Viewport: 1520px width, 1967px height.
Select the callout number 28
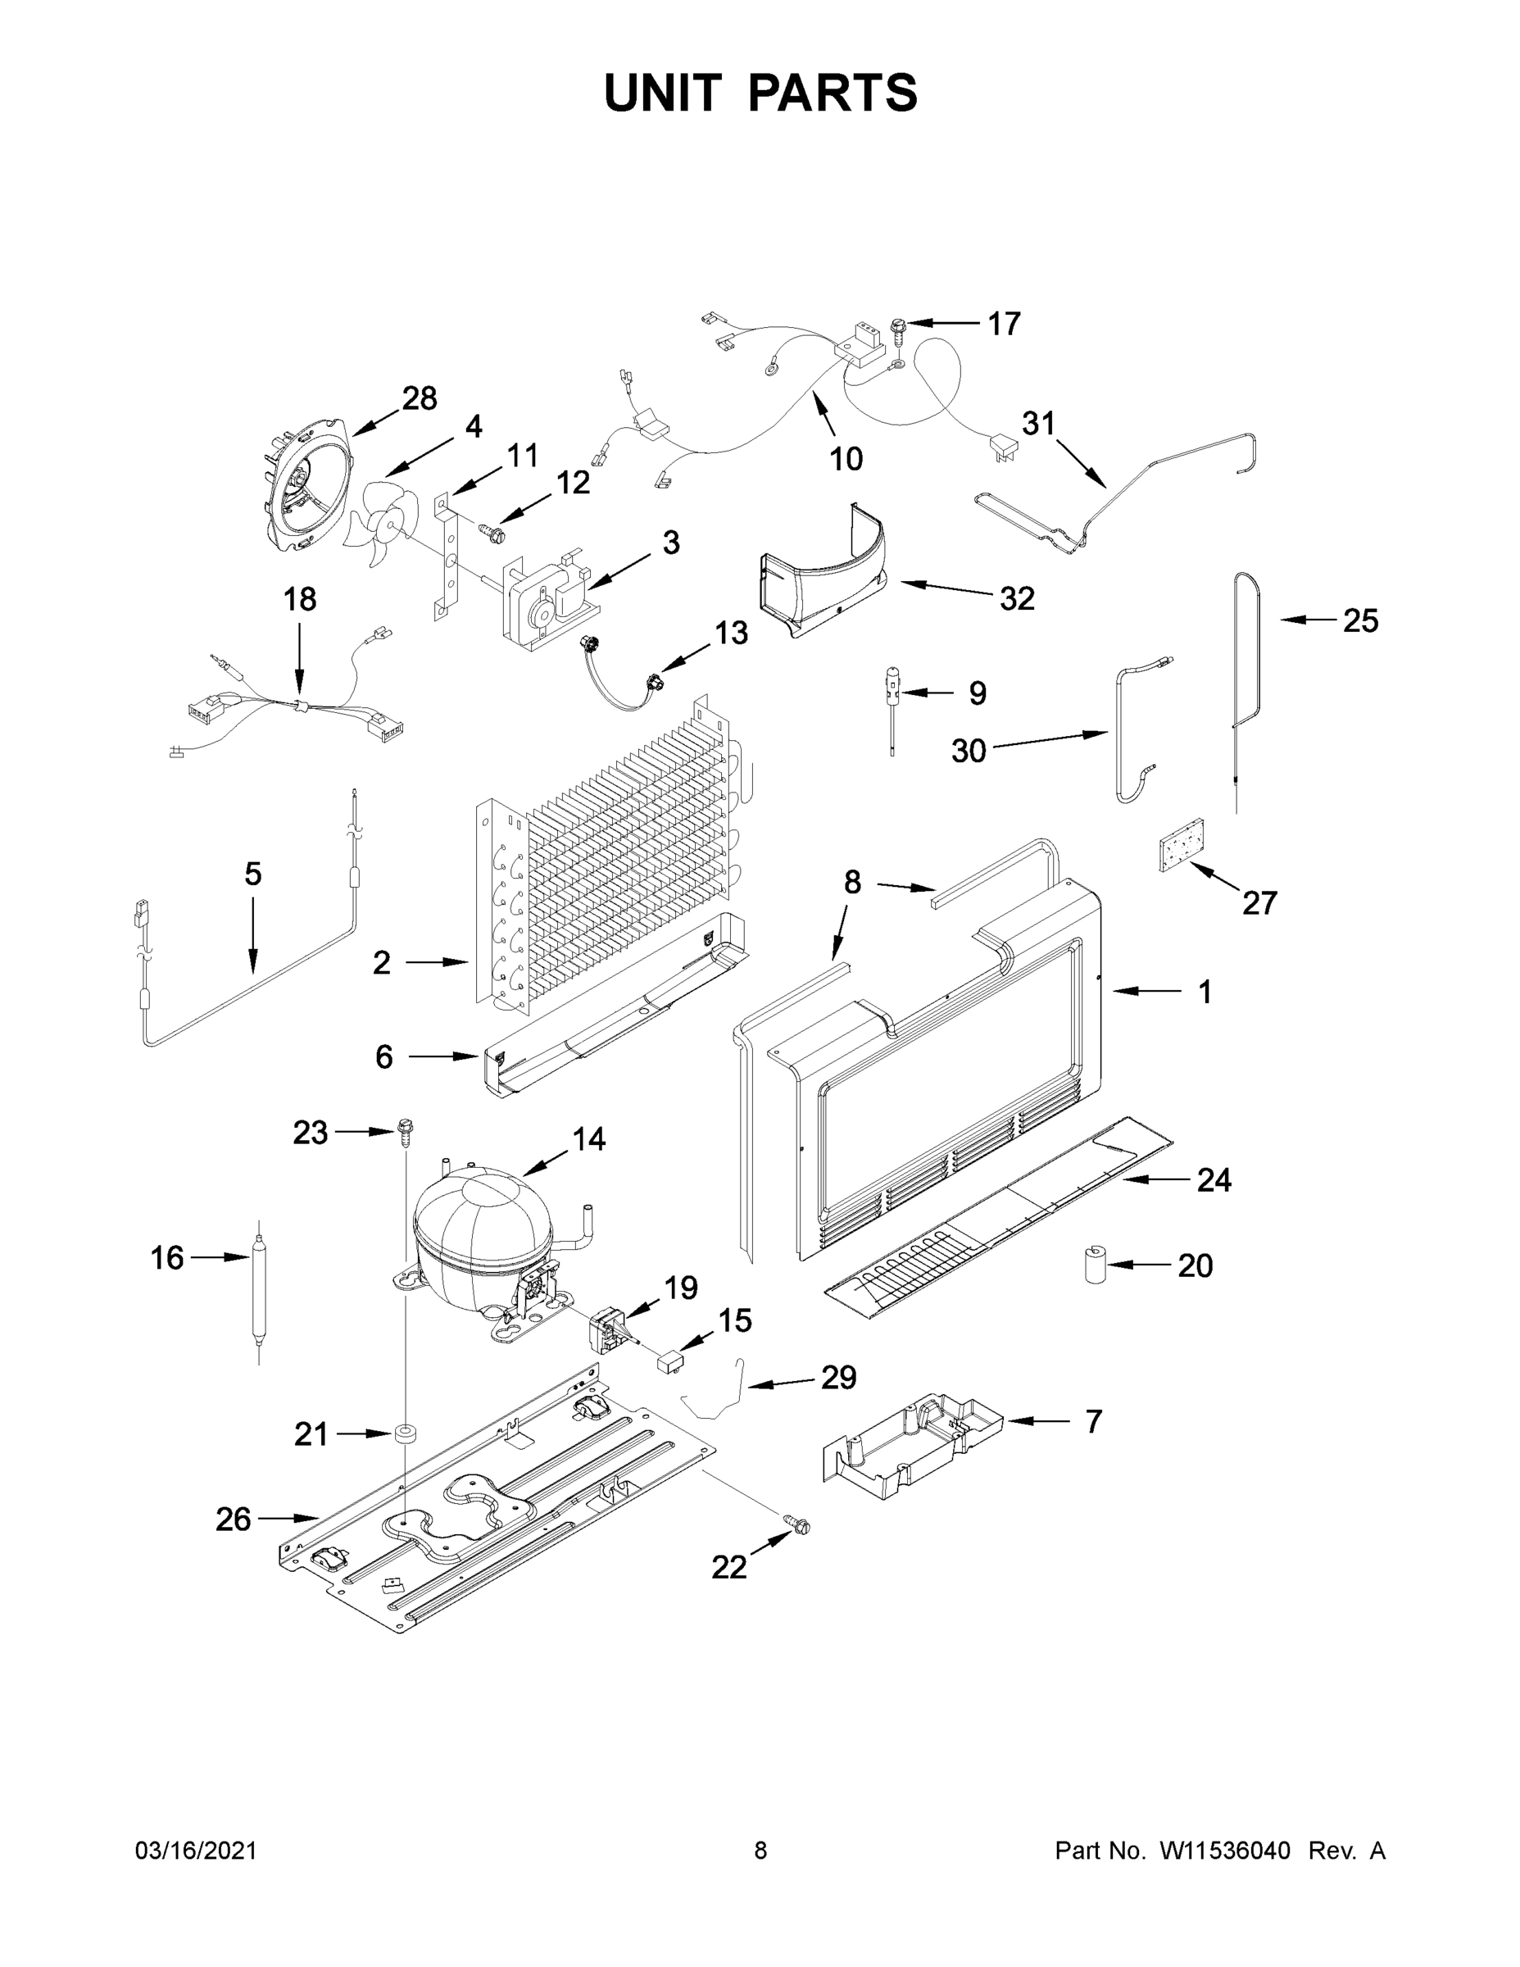point(420,398)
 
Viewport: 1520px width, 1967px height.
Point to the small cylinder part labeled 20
point(1095,1265)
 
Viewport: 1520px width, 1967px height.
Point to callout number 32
point(1018,598)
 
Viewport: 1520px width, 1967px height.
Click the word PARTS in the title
point(833,93)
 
